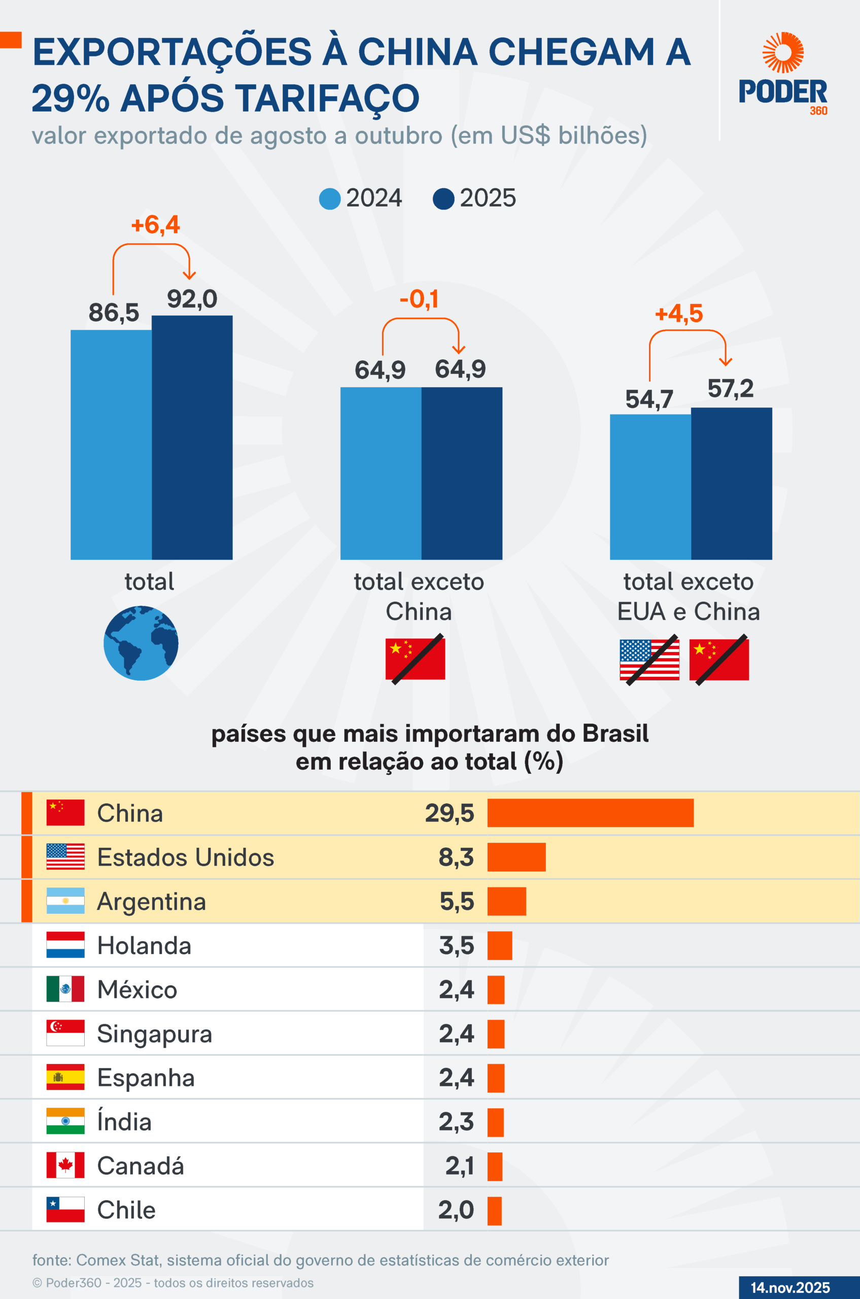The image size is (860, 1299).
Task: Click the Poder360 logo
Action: [783, 74]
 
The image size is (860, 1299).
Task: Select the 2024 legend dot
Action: [330, 198]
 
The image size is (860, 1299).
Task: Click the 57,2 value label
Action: [730, 389]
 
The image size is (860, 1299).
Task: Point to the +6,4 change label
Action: [155, 225]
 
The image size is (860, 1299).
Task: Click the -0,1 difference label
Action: [419, 299]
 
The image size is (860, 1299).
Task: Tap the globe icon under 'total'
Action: [141, 643]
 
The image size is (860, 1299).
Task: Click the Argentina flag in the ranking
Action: [65, 901]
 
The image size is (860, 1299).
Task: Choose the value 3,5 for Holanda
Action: [456, 945]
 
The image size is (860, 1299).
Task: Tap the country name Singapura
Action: [154, 1034]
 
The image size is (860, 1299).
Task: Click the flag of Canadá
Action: [65, 1165]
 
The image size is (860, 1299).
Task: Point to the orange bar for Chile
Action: [494, 1210]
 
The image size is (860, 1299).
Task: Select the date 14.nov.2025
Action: [790, 1287]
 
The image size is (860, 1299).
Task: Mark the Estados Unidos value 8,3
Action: [456, 857]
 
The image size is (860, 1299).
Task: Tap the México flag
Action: [65, 989]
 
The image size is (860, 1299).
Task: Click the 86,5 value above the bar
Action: [114, 313]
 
